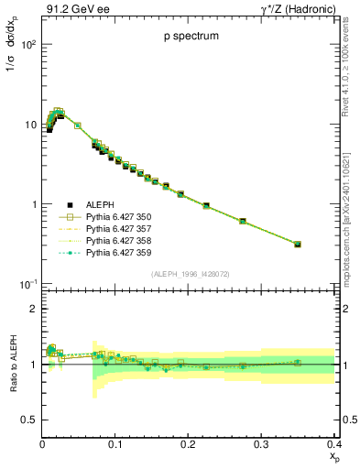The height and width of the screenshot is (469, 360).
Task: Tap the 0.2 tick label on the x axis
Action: click(188, 444)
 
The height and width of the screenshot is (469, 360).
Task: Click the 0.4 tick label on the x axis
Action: click(333, 444)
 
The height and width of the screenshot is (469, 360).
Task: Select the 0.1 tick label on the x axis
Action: click(115, 444)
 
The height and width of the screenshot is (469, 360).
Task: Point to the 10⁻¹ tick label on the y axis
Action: click(27, 285)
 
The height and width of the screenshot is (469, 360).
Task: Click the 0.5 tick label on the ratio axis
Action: click(29, 420)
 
